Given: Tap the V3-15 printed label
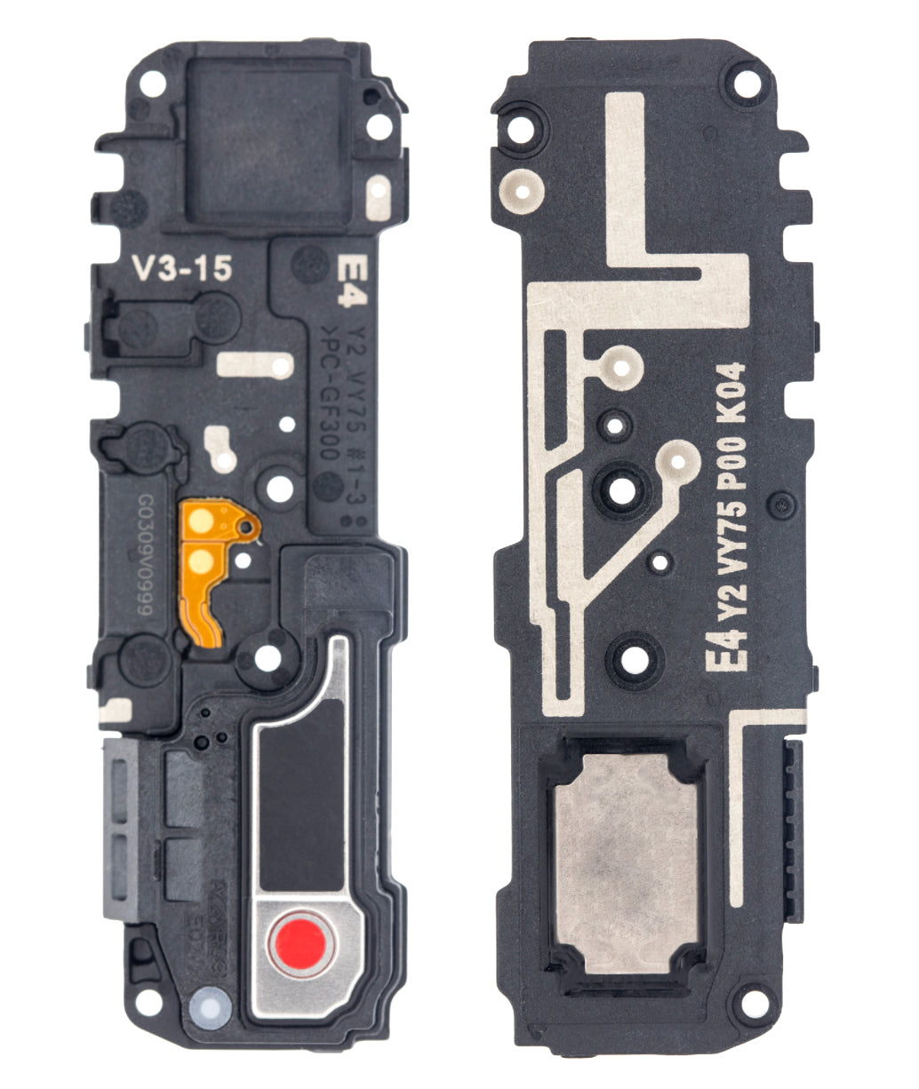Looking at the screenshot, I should [x=180, y=267].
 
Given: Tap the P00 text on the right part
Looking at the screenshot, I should [x=739, y=465].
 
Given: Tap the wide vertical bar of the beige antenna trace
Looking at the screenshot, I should [x=625, y=178].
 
